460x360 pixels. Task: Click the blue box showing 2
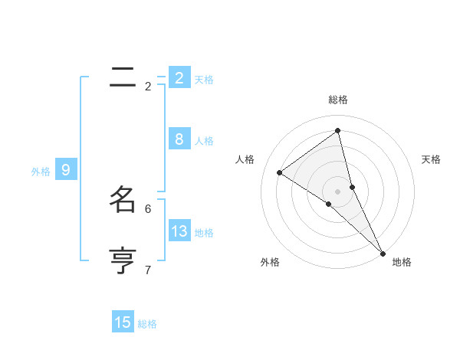pos(179,78)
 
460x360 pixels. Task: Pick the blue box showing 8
pos(179,139)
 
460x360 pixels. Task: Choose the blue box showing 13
pos(179,231)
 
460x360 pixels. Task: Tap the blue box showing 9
pos(66,170)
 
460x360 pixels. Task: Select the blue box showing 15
pos(123,322)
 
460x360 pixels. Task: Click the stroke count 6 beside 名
pos(148,208)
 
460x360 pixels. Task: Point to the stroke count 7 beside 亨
pos(148,270)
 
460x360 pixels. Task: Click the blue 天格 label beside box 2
pos(204,80)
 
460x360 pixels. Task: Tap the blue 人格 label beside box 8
pos(204,141)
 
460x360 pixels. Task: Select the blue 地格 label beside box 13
pos(204,233)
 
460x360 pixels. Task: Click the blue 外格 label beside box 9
pos(41,172)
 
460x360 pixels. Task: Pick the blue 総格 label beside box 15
pos(147,324)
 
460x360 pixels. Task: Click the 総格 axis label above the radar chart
pos(338,100)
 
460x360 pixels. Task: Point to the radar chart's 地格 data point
pos(383,252)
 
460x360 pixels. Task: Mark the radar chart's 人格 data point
pos(279,172)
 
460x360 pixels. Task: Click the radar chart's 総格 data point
pos(338,131)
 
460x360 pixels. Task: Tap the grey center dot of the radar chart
pos(338,191)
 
